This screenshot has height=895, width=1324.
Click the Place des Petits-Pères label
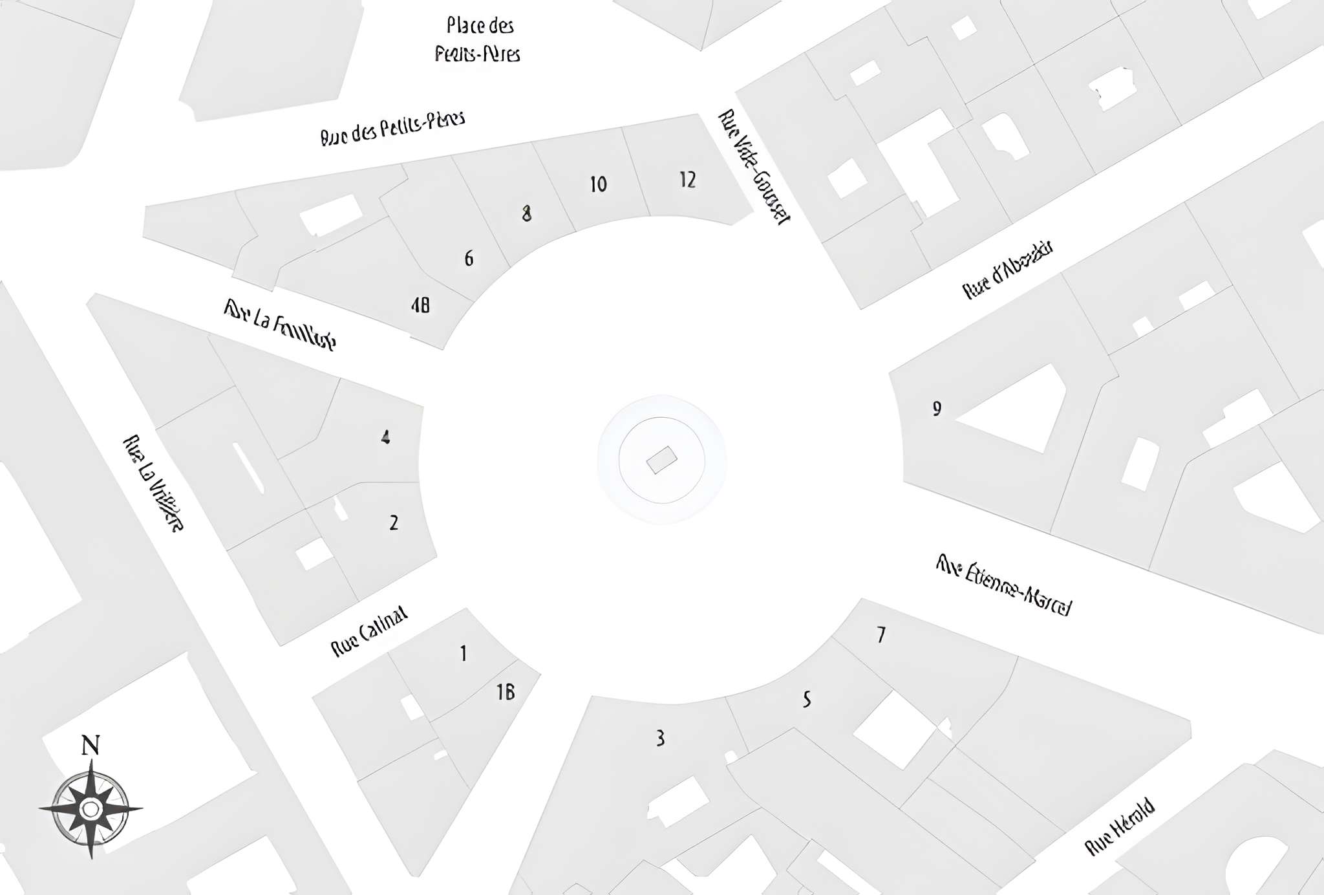click(478, 39)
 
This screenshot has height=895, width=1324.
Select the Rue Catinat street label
click(369, 631)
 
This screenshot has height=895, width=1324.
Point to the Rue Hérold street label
click(1119, 828)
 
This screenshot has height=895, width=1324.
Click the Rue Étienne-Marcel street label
click(1003, 586)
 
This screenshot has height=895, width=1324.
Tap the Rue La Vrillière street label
click(153, 483)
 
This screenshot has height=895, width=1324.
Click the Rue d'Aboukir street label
click(1007, 270)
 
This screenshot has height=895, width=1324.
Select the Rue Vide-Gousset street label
click(754, 167)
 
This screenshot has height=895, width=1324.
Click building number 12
click(687, 179)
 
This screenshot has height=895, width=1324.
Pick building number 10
click(598, 184)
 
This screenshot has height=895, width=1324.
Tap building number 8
click(527, 213)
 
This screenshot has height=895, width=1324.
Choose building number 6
click(469, 259)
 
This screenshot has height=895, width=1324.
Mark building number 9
click(937, 409)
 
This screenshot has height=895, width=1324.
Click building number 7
click(881, 635)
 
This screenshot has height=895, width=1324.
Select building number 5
click(806, 699)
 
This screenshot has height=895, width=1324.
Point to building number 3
click(659, 738)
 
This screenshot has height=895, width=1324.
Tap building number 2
click(394, 523)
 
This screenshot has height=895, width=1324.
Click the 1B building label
click(506, 693)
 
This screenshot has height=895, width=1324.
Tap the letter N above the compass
click(91, 746)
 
